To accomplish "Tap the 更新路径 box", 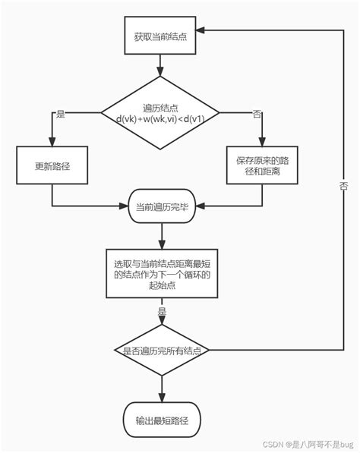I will pos(52,165).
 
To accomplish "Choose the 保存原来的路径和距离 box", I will pos(262,165).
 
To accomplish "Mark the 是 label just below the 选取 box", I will pos(162,311).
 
